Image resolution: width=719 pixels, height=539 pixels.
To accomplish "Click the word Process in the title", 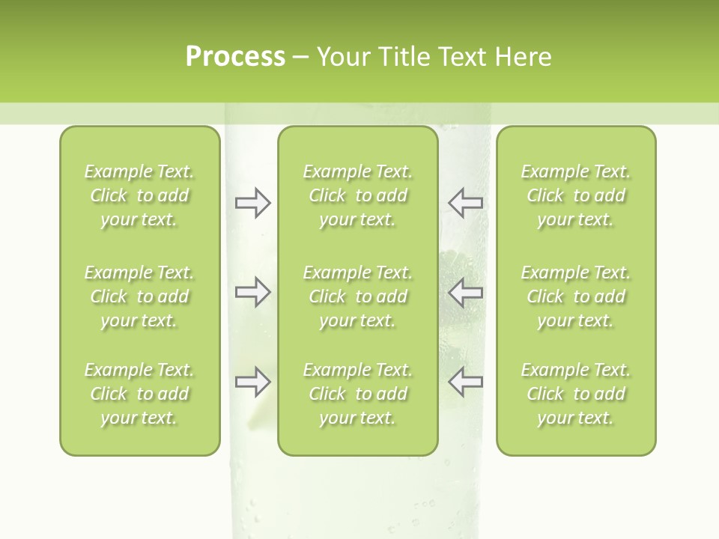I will pyautogui.click(x=235, y=56).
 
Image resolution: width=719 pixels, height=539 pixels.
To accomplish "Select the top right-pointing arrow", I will pyautogui.click(x=252, y=203).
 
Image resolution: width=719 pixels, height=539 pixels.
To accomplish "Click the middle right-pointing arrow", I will pyautogui.click(x=252, y=292).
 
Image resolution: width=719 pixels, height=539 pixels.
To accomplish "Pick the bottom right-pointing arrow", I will pyautogui.click(x=252, y=382).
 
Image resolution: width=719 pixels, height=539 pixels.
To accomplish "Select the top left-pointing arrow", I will pyautogui.click(x=465, y=203).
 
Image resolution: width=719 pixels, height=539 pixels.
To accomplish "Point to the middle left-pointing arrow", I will pyautogui.click(x=465, y=292).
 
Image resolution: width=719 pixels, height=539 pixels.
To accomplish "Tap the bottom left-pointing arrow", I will pyautogui.click(x=465, y=382).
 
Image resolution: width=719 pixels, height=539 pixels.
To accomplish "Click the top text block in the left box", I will pyautogui.click(x=139, y=195).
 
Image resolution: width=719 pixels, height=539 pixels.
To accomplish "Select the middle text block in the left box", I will pyautogui.click(x=139, y=296).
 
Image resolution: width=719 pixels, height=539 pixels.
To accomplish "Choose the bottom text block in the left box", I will pyautogui.click(x=139, y=394).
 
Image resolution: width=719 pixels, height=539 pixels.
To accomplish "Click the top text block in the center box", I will pyautogui.click(x=358, y=195).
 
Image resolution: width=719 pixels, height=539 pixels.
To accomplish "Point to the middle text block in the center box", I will pyautogui.click(x=358, y=296).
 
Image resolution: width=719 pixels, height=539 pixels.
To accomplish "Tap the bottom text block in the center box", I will pyautogui.click(x=358, y=394).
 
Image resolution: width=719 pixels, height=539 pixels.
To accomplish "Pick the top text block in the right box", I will pyautogui.click(x=576, y=195).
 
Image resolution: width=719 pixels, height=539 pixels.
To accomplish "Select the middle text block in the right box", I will pyautogui.click(x=576, y=296).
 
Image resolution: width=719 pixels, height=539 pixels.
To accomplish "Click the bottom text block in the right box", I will pyautogui.click(x=576, y=394).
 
